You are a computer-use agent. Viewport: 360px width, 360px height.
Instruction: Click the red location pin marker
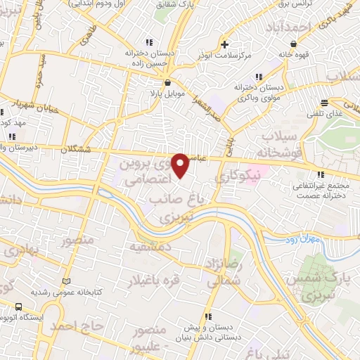pos(181,165)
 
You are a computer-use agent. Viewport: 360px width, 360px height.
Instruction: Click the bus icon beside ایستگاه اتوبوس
pos(18,307)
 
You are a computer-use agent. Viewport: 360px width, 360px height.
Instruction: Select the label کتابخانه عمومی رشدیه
pos(67,292)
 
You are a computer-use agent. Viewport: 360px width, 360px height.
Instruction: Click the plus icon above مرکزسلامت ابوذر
pos(223,43)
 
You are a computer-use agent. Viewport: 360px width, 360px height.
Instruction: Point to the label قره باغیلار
pos(153,281)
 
